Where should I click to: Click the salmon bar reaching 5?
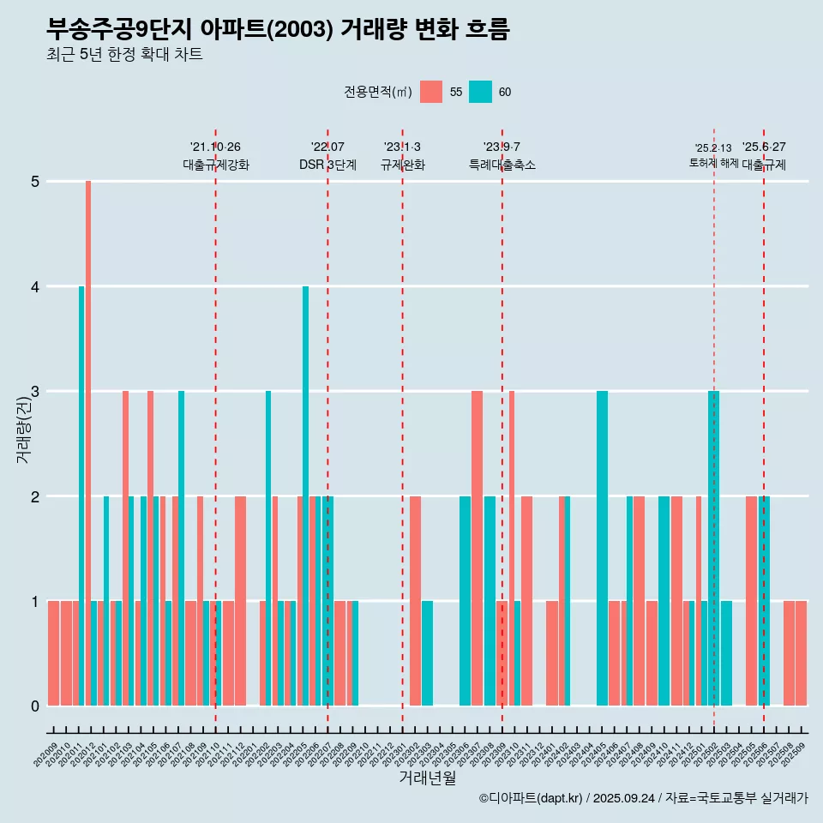coord(88,442)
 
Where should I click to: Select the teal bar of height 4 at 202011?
coord(81,496)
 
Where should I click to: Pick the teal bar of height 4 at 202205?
coord(305,496)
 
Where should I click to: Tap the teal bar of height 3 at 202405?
coord(602,548)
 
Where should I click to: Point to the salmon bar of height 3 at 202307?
coord(477,548)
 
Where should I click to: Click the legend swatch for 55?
coord(431,92)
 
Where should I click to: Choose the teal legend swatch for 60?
coord(480,92)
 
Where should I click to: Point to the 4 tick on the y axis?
coord(35,286)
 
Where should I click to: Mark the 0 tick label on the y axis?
coord(35,706)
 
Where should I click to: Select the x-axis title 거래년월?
coord(427,778)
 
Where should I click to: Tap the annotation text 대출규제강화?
coord(216,165)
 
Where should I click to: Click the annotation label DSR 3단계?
coord(327,165)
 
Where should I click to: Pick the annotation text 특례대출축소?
coord(502,165)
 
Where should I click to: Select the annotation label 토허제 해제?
coord(713,163)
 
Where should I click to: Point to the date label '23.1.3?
coord(402,147)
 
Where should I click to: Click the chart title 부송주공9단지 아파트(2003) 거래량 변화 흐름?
coord(279,30)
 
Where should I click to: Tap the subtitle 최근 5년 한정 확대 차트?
coord(125,55)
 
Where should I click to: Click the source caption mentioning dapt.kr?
coord(643,798)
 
